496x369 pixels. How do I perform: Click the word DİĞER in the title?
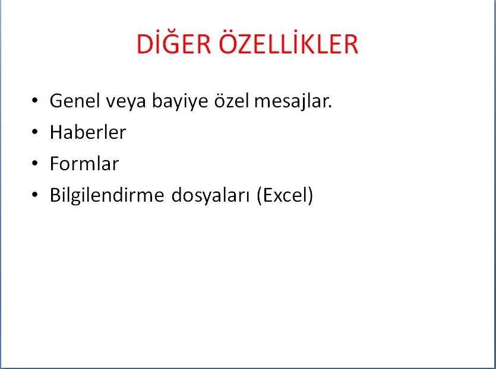pos(173,43)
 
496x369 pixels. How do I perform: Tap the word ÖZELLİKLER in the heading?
pos(288,43)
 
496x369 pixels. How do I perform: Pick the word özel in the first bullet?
pos(232,101)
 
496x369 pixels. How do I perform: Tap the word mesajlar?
pos(291,101)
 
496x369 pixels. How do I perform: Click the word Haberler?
pos(88,132)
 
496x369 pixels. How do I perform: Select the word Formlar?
pos(84,164)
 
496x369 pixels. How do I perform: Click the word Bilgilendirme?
pos(107,196)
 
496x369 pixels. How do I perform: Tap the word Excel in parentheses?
pos(285,195)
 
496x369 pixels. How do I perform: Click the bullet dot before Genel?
pos(35,100)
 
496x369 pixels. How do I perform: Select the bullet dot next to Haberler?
pos(35,132)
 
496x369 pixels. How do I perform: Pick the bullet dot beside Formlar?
pos(35,163)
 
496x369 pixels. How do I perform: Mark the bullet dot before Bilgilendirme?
pos(35,195)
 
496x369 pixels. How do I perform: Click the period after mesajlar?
pos(330,107)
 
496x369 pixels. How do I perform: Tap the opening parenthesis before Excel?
pos(260,196)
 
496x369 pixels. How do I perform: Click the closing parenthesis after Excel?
pos(310,196)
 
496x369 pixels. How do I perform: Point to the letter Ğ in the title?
pos(171,42)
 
